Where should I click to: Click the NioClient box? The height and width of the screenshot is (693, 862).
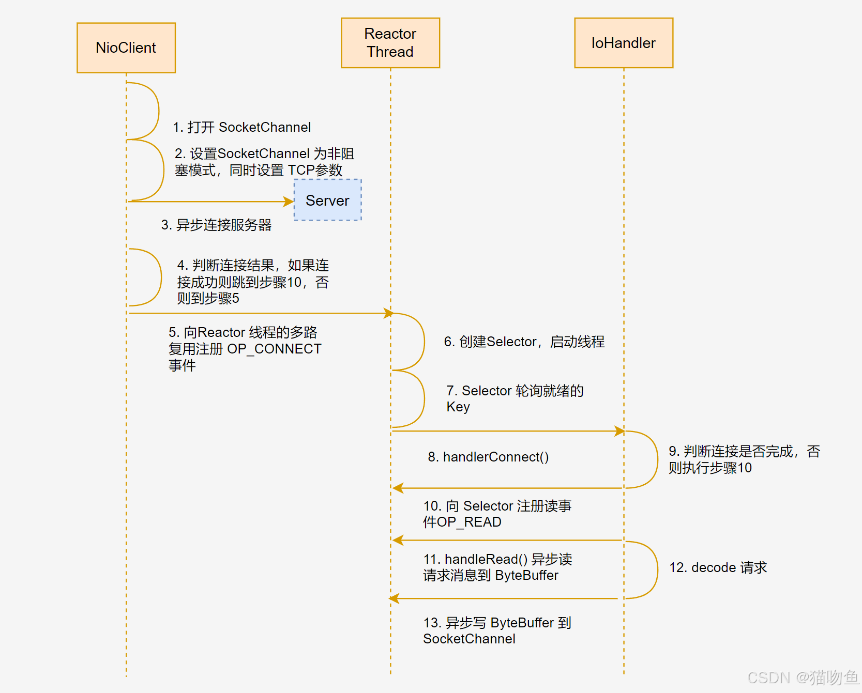click(x=126, y=48)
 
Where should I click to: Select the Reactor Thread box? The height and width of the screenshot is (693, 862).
click(x=390, y=43)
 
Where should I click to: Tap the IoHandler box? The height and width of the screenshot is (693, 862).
click(x=624, y=43)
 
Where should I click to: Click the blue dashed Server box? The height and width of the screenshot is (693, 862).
click(x=328, y=201)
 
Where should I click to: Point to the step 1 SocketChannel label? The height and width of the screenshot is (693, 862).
click(x=242, y=127)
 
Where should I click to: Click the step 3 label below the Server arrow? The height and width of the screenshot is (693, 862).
click(x=217, y=225)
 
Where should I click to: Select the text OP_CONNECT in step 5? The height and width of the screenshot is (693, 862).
click(x=275, y=349)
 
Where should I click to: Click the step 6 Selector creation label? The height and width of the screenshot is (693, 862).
click(x=524, y=342)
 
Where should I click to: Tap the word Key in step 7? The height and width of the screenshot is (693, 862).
click(x=458, y=407)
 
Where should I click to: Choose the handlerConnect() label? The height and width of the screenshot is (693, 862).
click(x=488, y=457)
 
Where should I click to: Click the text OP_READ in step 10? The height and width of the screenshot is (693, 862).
click(x=470, y=522)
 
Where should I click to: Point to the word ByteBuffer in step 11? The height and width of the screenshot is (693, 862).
click(x=526, y=575)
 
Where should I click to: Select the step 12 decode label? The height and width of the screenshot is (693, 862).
click(x=718, y=567)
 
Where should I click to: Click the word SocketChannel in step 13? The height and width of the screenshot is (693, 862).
click(x=469, y=639)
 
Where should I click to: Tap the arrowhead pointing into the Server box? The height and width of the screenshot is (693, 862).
click(x=290, y=202)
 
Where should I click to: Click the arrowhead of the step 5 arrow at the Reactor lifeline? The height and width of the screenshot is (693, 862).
click(x=388, y=313)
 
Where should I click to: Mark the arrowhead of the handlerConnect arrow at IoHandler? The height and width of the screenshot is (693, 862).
click(x=619, y=431)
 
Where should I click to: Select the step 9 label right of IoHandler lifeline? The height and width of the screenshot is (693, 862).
click(x=744, y=459)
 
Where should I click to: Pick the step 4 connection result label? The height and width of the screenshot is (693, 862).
click(x=253, y=282)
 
